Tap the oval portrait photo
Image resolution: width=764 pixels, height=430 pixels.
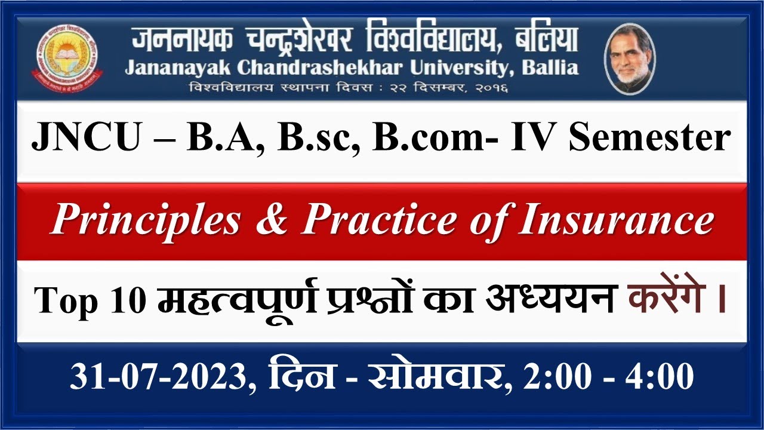(630, 59)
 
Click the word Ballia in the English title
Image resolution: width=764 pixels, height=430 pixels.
(550, 68)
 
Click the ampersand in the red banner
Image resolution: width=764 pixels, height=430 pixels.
(270, 220)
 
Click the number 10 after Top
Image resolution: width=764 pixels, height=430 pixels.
(125, 300)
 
